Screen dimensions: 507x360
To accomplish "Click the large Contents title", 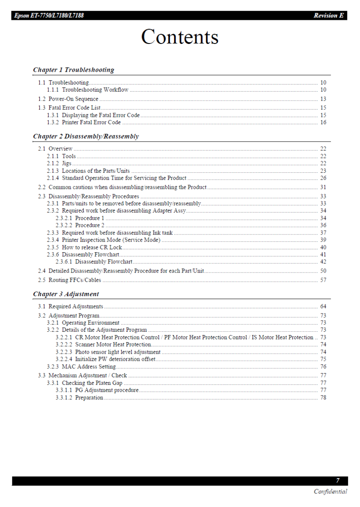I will [180, 37].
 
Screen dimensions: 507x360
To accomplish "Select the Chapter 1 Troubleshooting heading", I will [74, 70].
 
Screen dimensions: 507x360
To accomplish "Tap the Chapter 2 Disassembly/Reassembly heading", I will [86, 136].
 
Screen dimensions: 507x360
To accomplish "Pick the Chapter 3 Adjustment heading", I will [66, 294].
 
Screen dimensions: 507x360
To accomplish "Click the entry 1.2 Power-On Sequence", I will [68, 99].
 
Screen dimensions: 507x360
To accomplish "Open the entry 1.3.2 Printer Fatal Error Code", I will [84, 123].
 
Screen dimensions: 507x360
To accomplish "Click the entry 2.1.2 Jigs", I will [59, 164].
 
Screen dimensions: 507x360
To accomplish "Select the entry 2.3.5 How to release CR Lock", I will [85, 247].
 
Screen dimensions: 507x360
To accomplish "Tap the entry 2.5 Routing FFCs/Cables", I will [70, 280].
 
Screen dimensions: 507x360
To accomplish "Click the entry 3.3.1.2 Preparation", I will [79, 398].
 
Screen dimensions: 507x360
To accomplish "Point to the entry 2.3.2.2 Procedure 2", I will [80, 225].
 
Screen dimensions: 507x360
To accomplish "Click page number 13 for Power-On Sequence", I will [323, 99].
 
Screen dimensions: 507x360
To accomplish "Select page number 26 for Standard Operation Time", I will [323, 178].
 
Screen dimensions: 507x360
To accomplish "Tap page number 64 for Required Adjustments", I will [323, 306].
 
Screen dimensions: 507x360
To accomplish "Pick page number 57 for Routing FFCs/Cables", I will [323, 280].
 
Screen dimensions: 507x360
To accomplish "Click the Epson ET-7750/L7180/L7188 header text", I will [49, 16].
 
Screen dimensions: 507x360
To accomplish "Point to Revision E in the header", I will [328, 16].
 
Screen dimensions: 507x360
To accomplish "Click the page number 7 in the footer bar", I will [338, 480].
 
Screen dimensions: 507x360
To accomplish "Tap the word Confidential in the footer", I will [330, 491].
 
